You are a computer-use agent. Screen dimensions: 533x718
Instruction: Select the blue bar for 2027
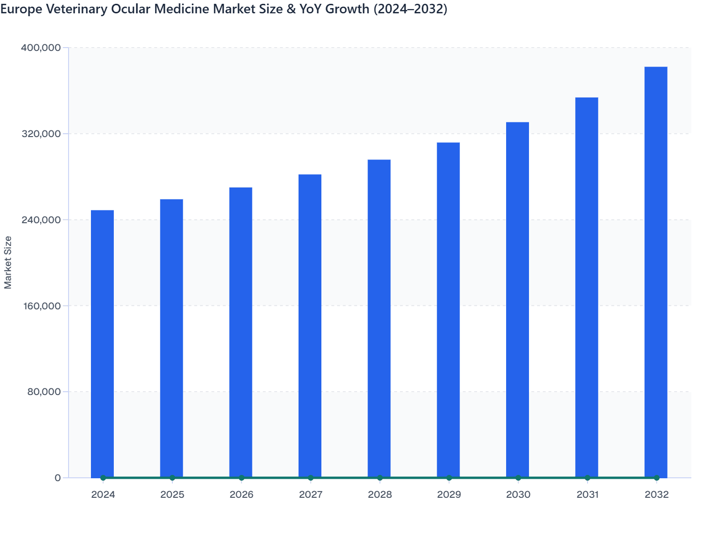310,326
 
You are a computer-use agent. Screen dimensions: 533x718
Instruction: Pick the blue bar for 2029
448,310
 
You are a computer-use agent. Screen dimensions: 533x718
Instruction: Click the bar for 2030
518,300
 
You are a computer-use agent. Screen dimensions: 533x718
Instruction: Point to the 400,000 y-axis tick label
41,48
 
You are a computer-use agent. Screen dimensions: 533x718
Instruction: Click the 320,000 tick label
41,134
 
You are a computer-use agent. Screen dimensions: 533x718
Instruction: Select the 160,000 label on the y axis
41,306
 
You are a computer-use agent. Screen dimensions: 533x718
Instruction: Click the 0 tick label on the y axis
58,478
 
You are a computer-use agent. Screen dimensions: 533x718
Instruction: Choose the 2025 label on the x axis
172,494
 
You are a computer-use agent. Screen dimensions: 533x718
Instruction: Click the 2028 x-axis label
380,494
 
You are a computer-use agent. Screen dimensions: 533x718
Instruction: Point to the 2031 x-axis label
587,494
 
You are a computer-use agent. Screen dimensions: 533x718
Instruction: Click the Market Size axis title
8,262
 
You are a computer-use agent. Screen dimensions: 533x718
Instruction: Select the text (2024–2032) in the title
410,9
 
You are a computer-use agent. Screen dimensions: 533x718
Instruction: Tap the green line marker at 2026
241,478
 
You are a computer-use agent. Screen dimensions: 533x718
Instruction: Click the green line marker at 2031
587,478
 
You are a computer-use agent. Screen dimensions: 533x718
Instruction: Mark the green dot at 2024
103,478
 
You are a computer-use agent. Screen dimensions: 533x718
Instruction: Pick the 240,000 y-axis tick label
41,220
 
